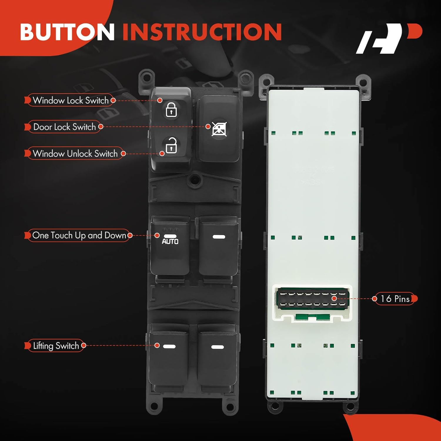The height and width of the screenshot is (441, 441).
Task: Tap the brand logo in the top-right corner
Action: point(389,39)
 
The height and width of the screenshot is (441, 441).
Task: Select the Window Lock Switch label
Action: point(71,100)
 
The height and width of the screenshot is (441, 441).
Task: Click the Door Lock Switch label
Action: point(64,127)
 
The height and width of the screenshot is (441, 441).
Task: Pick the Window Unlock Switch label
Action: point(75,153)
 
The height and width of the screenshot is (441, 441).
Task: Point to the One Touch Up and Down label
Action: point(79,235)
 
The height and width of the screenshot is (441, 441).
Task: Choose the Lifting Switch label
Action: point(56,345)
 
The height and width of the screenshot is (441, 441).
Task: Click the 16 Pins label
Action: point(395,299)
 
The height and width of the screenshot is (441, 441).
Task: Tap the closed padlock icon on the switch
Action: point(171,109)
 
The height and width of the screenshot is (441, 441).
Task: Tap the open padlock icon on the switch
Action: point(171,145)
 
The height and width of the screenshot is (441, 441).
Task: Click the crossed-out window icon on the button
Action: point(219,129)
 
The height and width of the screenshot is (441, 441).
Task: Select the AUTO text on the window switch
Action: point(170,241)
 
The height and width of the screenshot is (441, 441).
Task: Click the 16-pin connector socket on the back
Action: point(312,299)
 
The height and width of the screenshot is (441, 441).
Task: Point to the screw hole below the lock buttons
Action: point(194,179)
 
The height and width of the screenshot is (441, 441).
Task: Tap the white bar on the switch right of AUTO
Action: point(219,237)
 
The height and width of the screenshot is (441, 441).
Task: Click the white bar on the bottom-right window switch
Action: point(218,347)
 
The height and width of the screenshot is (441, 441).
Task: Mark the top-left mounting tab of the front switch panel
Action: point(146,78)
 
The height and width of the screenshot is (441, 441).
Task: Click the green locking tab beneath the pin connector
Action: point(312,317)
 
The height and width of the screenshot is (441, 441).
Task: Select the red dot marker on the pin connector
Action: point(334,298)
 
